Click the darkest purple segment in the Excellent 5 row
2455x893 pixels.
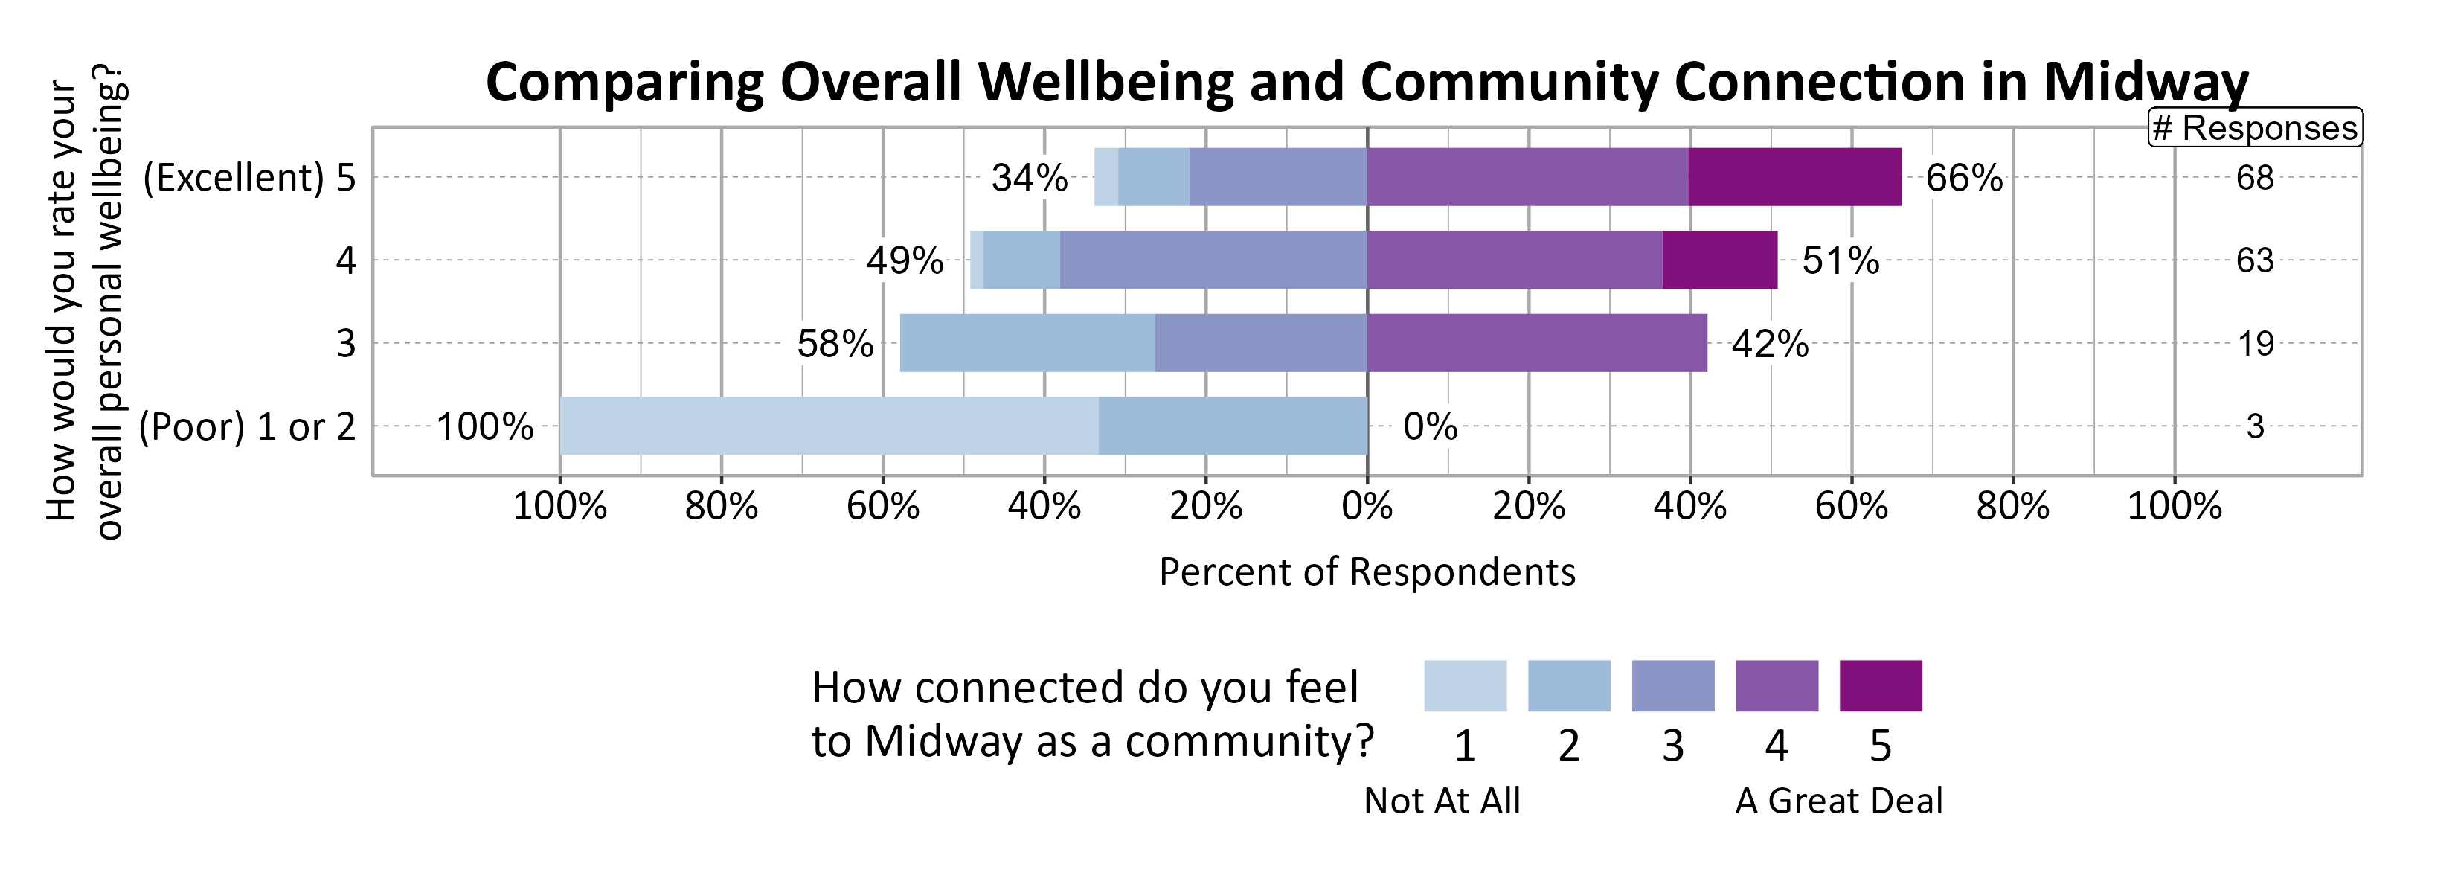(1794, 177)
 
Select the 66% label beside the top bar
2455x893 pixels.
(1963, 178)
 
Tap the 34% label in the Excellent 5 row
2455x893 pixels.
(1030, 178)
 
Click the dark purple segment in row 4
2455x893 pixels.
(1719, 260)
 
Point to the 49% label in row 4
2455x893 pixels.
(905, 260)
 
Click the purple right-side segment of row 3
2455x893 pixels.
(1536, 343)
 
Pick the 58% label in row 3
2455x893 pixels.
(835, 343)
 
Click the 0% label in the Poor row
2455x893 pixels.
(1430, 426)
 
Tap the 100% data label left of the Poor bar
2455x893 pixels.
(484, 426)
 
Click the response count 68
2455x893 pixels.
(2254, 178)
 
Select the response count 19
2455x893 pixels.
(2255, 343)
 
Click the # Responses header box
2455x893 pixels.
(2254, 128)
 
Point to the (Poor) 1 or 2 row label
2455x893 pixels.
(247, 426)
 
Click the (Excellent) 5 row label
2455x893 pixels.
(248, 178)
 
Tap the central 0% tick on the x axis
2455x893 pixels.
(1367, 505)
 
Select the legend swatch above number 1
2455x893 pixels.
(1465, 685)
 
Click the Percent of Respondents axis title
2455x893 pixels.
(1367, 572)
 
